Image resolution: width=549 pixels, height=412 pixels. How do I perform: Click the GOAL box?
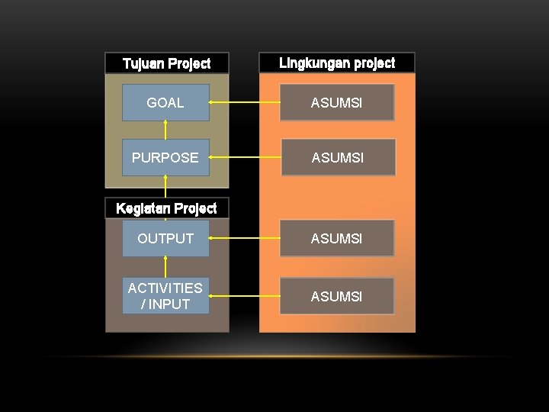[x=165, y=103]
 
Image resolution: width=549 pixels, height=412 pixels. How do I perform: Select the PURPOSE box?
[x=165, y=158]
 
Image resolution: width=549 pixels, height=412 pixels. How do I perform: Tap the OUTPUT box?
[x=165, y=239]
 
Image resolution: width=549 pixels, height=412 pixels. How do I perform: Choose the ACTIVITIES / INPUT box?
[x=165, y=296]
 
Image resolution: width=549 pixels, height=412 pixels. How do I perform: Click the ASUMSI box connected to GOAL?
[x=337, y=103]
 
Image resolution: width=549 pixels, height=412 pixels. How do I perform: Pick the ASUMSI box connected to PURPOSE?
[x=338, y=158]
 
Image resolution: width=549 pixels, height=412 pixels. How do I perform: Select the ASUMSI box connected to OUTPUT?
[x=337, y=239]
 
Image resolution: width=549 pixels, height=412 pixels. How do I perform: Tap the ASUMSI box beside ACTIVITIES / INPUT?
[x=337, y=296]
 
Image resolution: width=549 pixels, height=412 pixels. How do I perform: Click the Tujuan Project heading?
[x=167, y=63]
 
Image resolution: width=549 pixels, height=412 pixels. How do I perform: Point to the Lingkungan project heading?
[x=337, y=63]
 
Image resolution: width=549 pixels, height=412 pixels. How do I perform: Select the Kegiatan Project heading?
[x=166, y=208]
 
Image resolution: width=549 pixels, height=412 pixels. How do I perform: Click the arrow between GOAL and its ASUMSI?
[x=244, y=102]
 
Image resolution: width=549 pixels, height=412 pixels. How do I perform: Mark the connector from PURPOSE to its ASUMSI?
[x=245, y=158]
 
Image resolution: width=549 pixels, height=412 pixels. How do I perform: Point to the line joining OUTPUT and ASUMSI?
[x=244, y=239]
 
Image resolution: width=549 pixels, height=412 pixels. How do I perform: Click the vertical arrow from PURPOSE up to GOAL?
[x=165, y=130]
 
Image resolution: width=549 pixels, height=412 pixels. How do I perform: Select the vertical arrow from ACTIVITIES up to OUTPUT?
[x=165, y=267]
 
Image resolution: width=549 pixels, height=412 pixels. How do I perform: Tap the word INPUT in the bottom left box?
[x=169, y=304]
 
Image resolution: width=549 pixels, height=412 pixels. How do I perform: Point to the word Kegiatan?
[x=143, y=208]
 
